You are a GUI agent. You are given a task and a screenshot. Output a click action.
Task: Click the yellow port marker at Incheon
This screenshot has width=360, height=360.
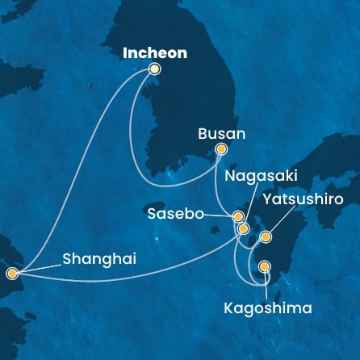tap(154, 69)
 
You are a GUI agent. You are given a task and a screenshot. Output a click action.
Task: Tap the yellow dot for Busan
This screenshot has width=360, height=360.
tap(222, 149)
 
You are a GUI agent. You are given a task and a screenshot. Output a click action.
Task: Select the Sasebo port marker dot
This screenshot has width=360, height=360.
tap(238, 216)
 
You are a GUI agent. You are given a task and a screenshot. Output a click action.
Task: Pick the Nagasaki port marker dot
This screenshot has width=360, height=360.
tap(243, 228)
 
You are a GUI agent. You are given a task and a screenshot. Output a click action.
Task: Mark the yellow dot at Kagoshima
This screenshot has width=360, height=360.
tap(264, 266)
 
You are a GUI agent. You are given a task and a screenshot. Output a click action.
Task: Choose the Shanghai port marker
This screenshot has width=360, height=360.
tap(12, 273)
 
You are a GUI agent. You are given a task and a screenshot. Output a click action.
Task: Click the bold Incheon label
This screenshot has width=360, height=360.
tap(154, 53)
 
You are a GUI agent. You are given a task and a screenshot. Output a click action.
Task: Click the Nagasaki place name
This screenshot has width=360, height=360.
tap(251, 175)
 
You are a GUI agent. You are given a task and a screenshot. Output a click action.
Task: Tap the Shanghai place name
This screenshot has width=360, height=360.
tap(98, 259)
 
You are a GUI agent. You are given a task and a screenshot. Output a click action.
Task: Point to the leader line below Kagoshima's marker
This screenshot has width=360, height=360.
tap(264, 284)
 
